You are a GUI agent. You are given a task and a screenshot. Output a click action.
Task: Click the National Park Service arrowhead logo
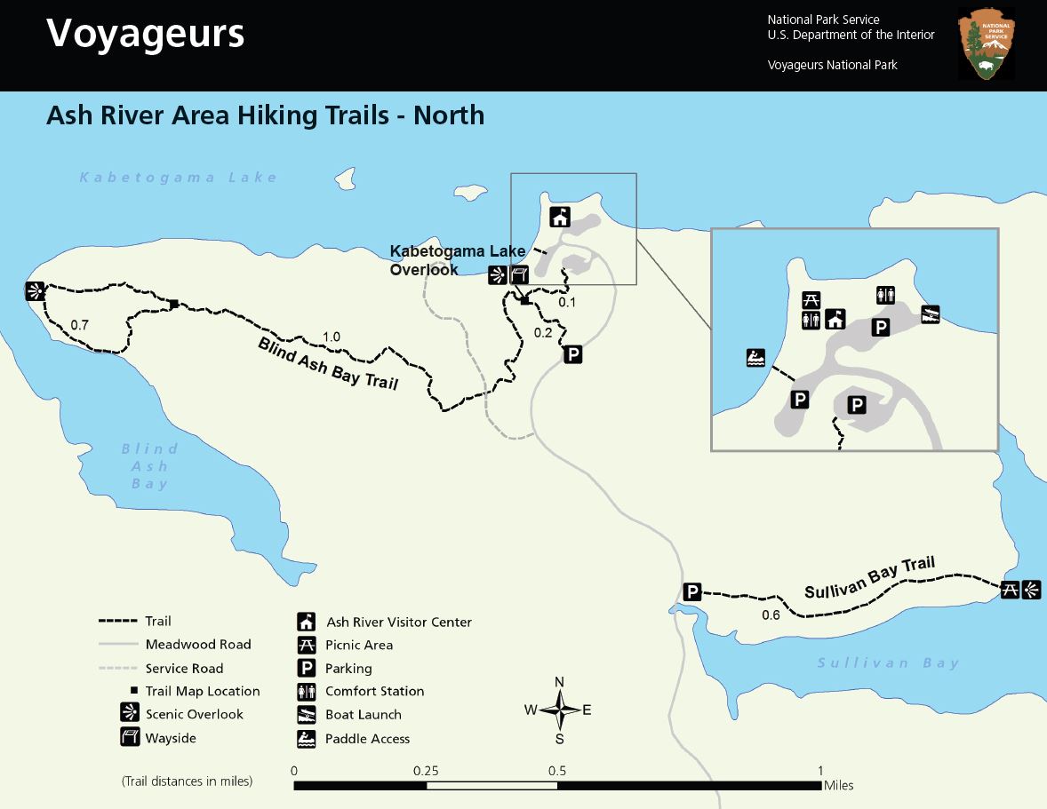[x=987, y=45]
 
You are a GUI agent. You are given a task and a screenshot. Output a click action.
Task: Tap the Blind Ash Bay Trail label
[x=328, y=363]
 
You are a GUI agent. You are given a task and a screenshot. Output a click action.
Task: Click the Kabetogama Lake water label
[x=179, y=178]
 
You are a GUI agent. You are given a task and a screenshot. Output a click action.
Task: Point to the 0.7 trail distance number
[x=79, y=325]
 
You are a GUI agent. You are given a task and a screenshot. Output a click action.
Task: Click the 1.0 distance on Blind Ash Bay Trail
[x=332, y=337]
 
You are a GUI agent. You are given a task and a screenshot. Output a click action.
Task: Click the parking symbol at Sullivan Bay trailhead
[x=693, y=592]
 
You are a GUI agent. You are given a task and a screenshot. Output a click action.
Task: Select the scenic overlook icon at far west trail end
[x=35, y=291]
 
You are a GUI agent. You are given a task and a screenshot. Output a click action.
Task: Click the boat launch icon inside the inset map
[x=930, y=313]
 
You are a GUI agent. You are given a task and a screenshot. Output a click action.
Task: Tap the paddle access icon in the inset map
[x=755, y=358]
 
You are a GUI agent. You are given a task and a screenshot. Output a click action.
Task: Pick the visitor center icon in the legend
[x=307, y=622]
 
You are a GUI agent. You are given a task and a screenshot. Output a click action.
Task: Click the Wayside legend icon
[x=130, y=737]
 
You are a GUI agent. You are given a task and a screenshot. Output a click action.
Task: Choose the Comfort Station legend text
[x=374, y=691]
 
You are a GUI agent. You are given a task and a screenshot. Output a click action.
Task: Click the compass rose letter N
[x=559, y=682]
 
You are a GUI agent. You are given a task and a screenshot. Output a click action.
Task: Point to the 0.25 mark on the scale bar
[x=426, y=771]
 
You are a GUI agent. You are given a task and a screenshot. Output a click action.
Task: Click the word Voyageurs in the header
[x=145, y=34]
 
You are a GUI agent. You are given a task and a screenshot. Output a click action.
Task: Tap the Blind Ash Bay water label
[x=149, y=466]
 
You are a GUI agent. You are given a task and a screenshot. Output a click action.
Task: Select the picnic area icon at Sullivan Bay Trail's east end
[x=1010, y=589]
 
